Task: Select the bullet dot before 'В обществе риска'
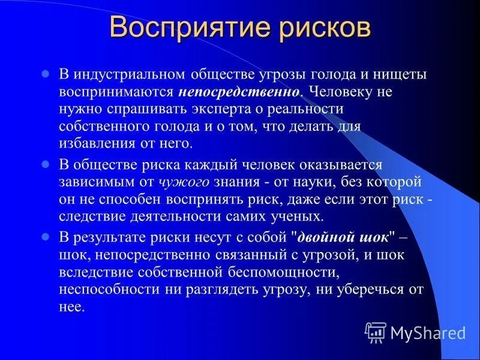click(x=44, y=164)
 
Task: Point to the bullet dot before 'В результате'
click(x=44, y=236)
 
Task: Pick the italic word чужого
click(x=183, y=181)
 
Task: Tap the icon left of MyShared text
click(x=376, y=332)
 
